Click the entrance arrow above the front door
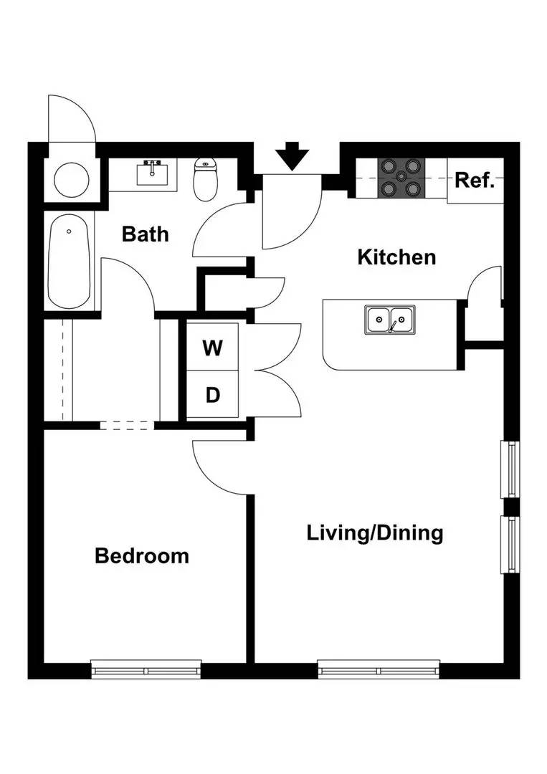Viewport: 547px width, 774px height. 292,156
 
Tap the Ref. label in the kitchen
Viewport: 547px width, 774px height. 475,180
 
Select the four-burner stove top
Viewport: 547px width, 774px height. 402,178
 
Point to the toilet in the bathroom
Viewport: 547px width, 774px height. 206,180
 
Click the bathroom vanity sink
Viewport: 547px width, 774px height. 152,173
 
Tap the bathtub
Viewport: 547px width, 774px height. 70,262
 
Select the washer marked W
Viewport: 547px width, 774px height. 212,348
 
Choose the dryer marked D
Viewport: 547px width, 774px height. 212,395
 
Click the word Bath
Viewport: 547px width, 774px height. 145,234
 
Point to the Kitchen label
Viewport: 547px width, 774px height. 396,257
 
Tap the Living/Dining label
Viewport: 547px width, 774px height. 375,533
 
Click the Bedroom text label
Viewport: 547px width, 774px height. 142,555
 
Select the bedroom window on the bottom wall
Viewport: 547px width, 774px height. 147,671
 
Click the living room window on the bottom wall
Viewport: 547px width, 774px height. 379,671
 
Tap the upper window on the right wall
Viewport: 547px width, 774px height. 511,469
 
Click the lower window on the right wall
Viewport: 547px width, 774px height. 511,544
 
